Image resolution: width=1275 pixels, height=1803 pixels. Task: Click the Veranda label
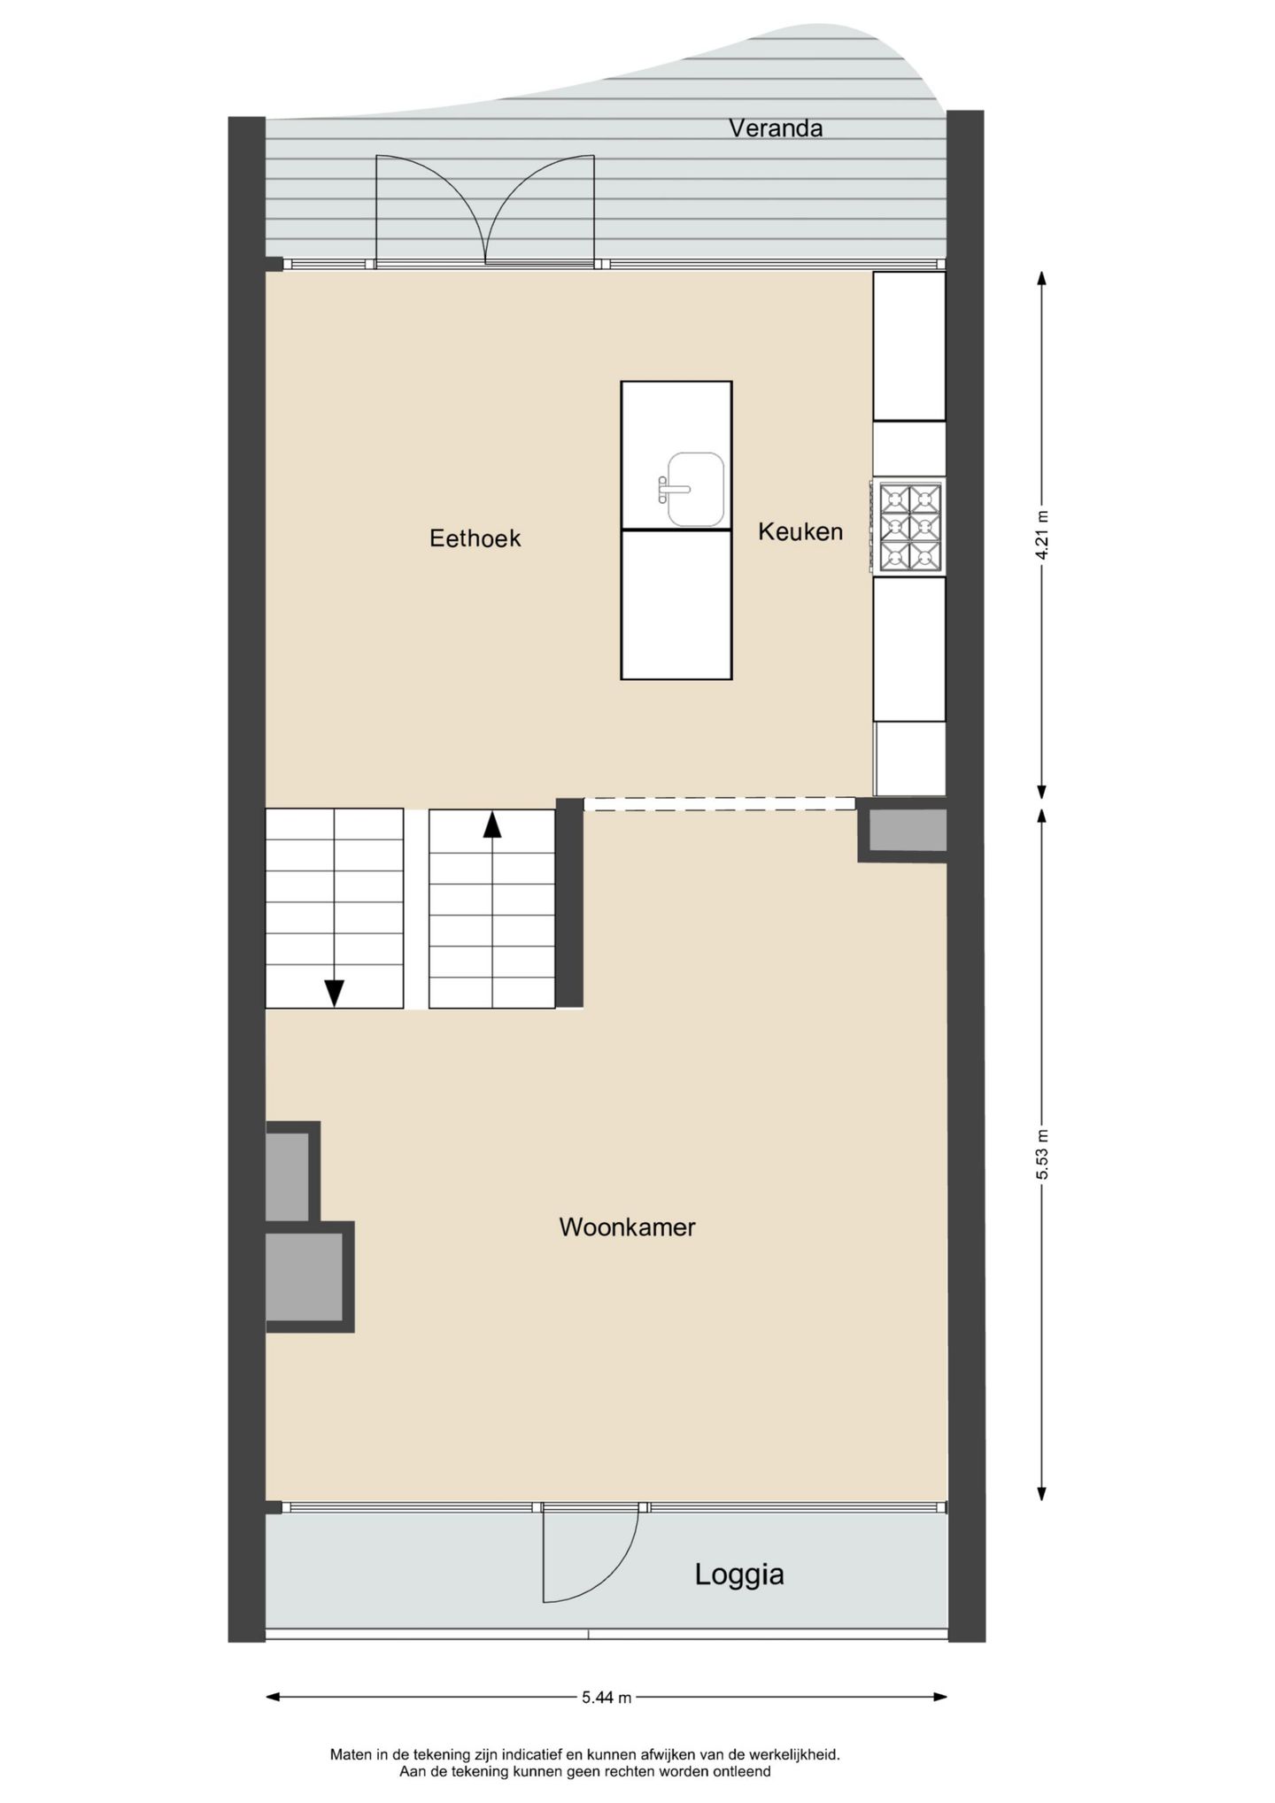pos(776,128)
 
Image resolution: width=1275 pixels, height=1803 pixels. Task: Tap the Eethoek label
pos(475,538)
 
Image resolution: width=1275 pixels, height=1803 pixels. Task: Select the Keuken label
pos(800,531)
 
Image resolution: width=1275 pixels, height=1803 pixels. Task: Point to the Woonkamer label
pos(627,1227)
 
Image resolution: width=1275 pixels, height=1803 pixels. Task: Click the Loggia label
pos(739,1574)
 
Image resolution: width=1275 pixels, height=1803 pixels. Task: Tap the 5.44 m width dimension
pos(607,1698)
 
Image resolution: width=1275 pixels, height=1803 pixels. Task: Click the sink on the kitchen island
pos(695,488)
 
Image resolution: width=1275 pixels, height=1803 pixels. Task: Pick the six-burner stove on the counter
pos(909,527)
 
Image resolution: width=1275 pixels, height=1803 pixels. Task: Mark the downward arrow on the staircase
pos(334,993)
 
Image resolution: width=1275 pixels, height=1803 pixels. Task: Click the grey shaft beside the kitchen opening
pos(906,831)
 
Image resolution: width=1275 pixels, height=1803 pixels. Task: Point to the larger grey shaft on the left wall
pos(304,1276)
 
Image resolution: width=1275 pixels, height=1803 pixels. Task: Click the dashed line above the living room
pos(719,804)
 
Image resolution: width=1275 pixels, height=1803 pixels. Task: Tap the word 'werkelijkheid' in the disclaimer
pos(793,1754)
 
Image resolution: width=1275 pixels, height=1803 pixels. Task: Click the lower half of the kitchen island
pos(676,604)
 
